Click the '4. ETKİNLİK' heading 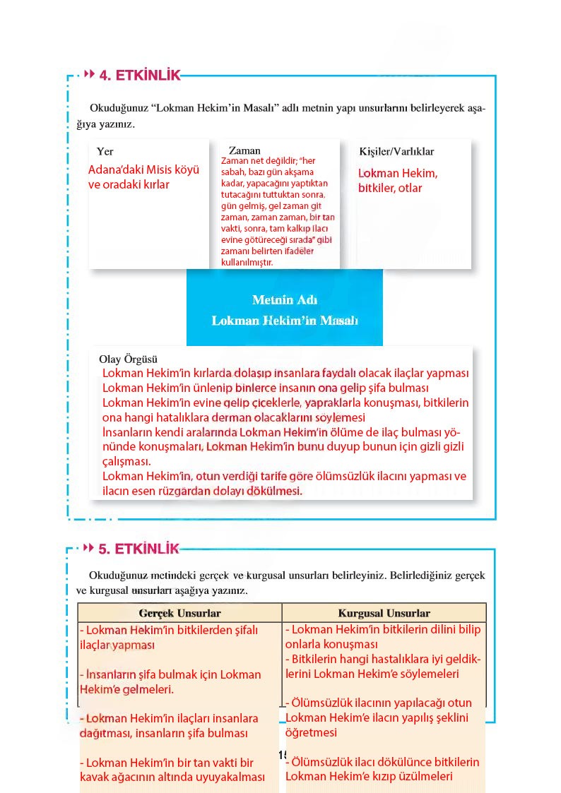tap(139, 76)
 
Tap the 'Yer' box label tap(105, 151)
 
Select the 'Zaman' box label tap(244, 150)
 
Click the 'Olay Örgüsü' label tap(128, 359)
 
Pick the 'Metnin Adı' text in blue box tap(285, 299)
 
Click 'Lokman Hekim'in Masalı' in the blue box tap(285, 321)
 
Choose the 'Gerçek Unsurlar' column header tap(180, 613)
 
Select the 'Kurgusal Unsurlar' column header tap(384, 613)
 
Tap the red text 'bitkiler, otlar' tap(390, 189)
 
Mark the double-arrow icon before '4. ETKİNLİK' tap(89, 73)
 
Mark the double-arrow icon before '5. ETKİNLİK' tap(89, 547)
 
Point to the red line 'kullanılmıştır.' tap(241, 262)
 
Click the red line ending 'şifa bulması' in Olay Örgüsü tap(266, 388)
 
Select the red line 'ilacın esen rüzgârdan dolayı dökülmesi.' tap(202, 491)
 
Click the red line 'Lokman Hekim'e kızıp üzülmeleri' tap(368, 777)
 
